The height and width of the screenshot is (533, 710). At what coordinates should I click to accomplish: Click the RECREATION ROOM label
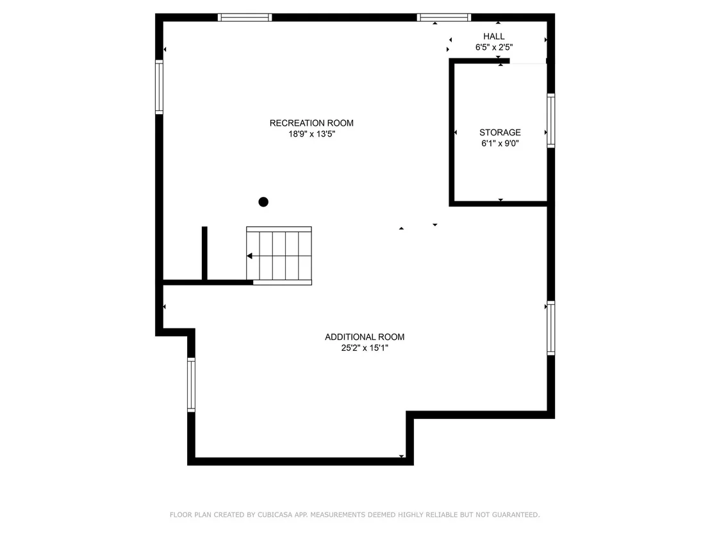coord(311,123)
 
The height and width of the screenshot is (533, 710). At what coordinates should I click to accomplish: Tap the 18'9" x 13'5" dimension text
coord(311,134)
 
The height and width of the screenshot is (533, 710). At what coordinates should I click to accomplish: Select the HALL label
coord(493,37)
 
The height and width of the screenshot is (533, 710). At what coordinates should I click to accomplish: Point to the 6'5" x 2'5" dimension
coord(494,47)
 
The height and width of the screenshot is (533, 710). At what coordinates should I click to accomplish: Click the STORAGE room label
coord(500,132)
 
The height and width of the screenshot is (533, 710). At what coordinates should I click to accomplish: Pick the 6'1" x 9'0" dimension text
coord(500,144)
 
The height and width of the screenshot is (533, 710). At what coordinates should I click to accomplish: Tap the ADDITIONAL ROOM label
coord(365,337)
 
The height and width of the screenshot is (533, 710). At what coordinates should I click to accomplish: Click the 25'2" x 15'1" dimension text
coord(365,348)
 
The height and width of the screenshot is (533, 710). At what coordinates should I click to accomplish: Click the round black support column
coord(263,201)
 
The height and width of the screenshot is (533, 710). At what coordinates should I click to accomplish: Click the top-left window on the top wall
coord(245,18)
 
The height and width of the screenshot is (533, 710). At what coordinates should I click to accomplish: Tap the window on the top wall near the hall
coord(443,18)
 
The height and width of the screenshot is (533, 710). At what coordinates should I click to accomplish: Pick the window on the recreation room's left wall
coord(160,87)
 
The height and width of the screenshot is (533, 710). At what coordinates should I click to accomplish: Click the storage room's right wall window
coord(551,121)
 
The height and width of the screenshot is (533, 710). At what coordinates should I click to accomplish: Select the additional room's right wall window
coord(551,328)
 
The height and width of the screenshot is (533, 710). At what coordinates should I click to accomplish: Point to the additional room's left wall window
coord(192,385)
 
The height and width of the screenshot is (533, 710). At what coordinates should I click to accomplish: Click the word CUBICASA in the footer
coord(275,515)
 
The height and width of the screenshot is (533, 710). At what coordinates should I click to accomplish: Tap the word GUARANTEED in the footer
coord(516,515)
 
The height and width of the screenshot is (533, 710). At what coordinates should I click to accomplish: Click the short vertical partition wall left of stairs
coord(204,253)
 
